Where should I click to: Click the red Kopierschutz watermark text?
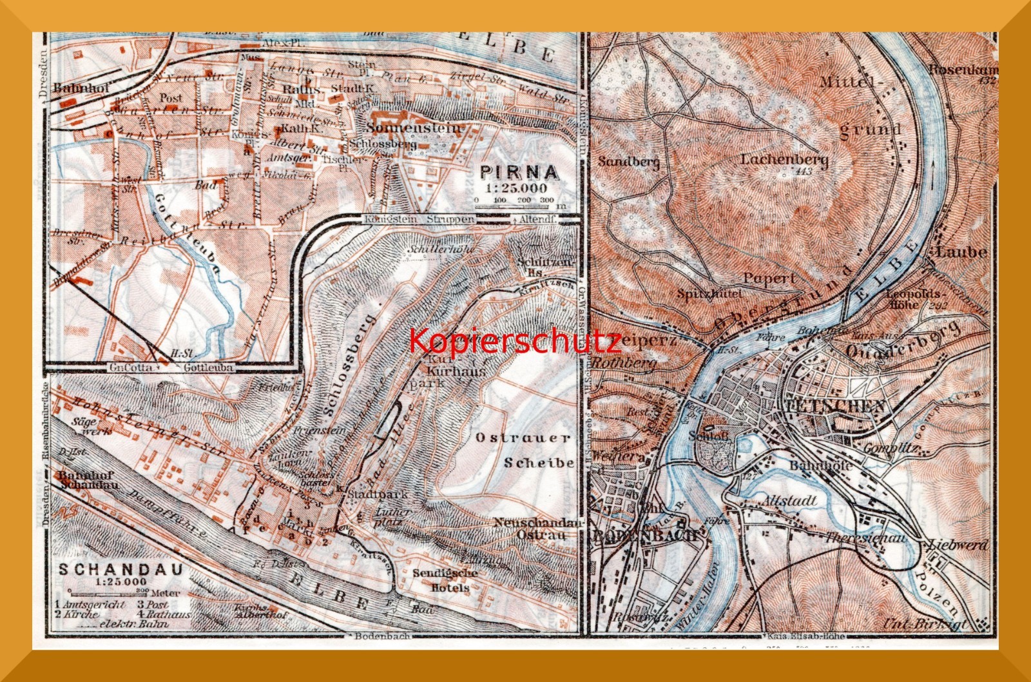515,340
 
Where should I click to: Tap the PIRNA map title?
519,172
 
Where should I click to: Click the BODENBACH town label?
646,535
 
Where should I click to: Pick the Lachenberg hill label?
784,159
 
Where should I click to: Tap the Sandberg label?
628,161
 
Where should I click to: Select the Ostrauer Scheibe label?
524,450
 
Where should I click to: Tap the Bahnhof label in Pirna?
73,88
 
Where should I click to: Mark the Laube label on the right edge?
961,251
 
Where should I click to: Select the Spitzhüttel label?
709,293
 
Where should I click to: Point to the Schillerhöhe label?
441,249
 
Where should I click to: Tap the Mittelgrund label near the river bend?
869,104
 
